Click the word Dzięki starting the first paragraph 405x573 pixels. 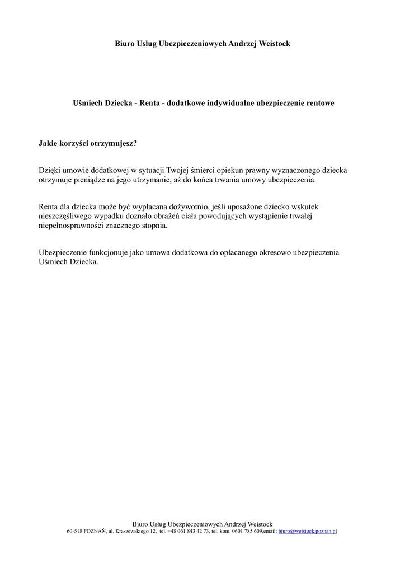click(49, 170)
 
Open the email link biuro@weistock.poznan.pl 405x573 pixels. click(307, 531)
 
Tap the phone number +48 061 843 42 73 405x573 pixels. click(188, 531)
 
